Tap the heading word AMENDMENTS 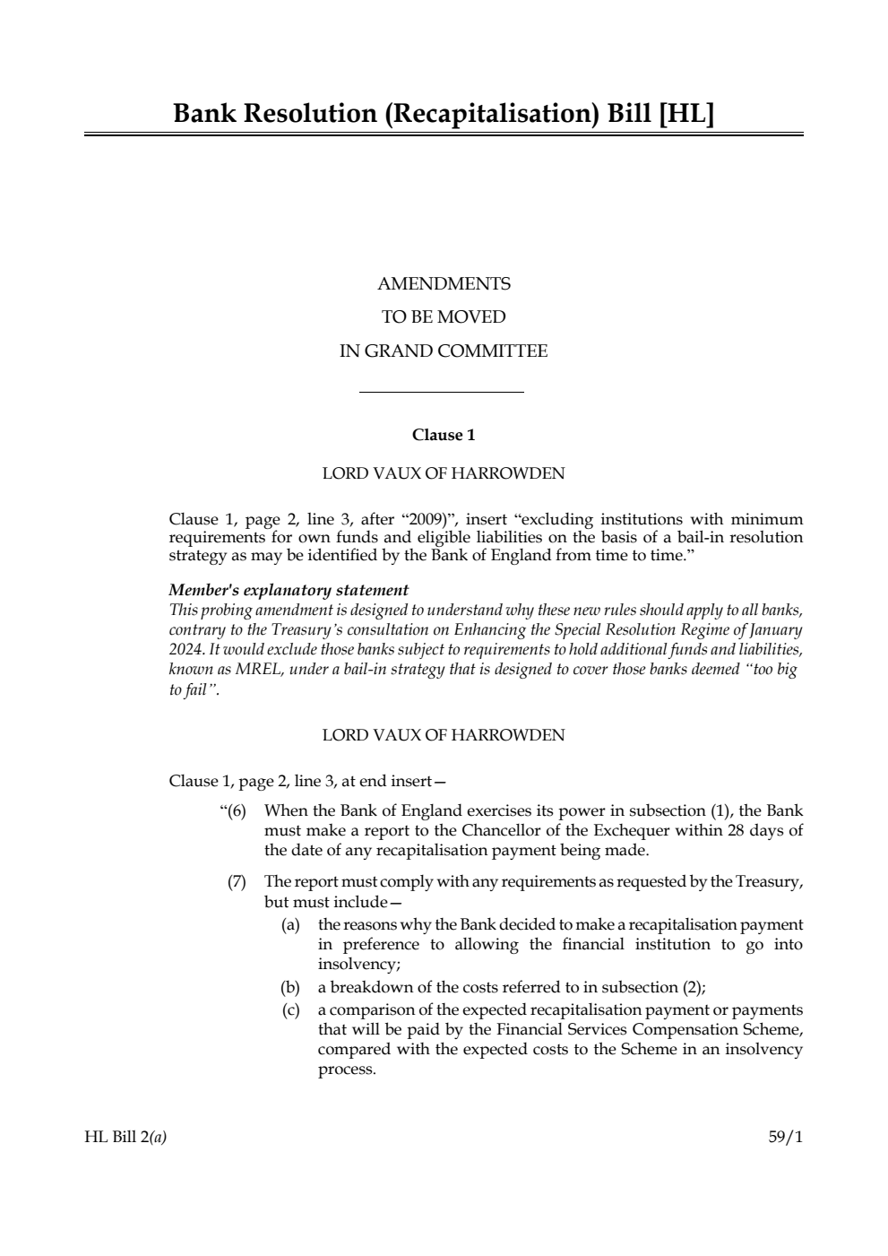(x=444, y=284)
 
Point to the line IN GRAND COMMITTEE (x=444, y=351)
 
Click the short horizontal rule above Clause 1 (x=441, y=392)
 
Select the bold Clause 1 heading (x=444, y=435)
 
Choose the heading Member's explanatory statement (x=289, y=590)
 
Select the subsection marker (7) (x=237, y=882)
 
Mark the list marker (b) (x=289, y=988)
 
